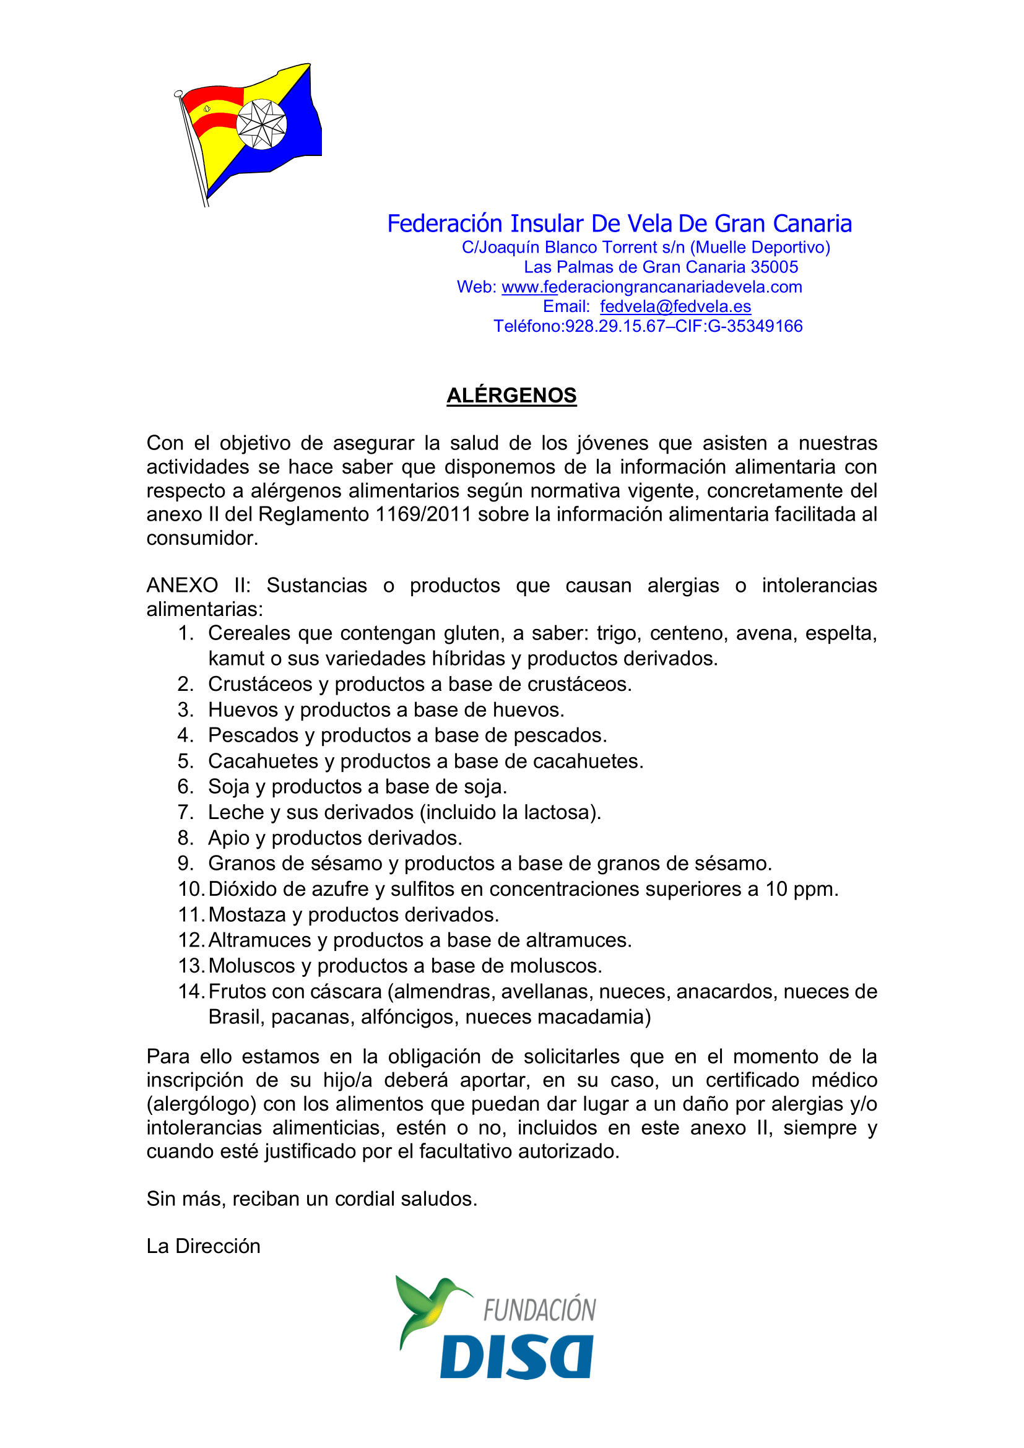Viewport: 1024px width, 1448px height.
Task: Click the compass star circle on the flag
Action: (261, 124)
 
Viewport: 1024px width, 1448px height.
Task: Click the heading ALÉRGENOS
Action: (511, 396)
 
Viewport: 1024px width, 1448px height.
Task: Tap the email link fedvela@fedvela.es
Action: (675, 306)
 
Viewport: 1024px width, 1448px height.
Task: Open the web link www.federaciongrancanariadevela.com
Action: (652, 287)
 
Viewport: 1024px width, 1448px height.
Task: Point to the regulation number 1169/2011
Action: (423, 514)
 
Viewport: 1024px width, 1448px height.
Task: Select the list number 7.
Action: (184, 812)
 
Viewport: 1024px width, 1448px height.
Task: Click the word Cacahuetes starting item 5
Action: (263, 761)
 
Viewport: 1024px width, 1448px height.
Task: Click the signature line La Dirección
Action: (203, 1246)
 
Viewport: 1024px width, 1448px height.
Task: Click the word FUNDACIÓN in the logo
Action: (539, 1311)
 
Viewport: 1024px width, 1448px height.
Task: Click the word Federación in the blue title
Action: (445, 224)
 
